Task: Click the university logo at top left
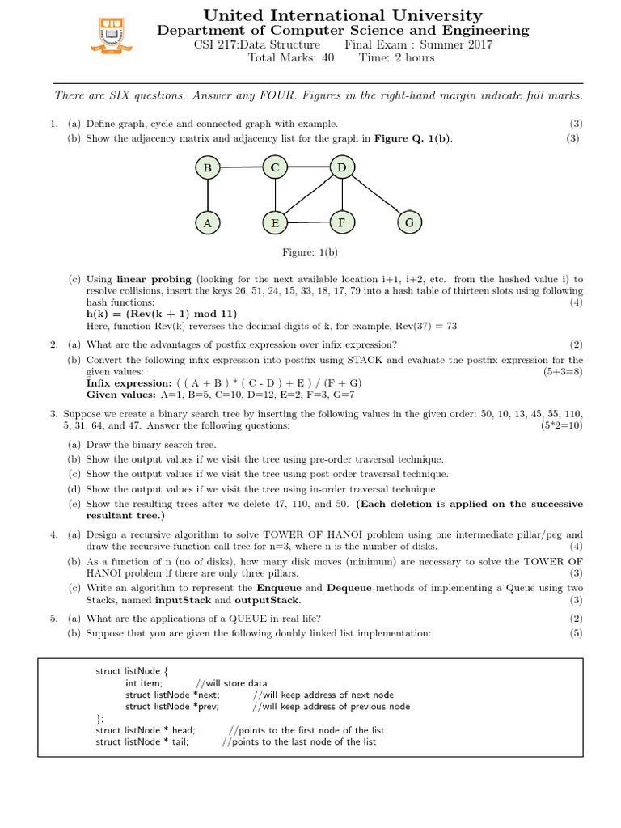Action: [111, 35]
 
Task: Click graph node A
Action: [208, 222]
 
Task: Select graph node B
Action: [208, 168]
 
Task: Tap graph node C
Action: [275, 167]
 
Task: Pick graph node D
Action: [342, 167]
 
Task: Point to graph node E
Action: [275, 222]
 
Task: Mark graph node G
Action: [408, 222]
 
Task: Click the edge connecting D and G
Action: [375, 195]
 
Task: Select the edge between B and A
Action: [208, 195]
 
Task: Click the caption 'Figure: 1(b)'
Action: [309, 253]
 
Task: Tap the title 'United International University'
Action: [343, 15]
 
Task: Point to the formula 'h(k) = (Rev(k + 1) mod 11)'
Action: [162, 314]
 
